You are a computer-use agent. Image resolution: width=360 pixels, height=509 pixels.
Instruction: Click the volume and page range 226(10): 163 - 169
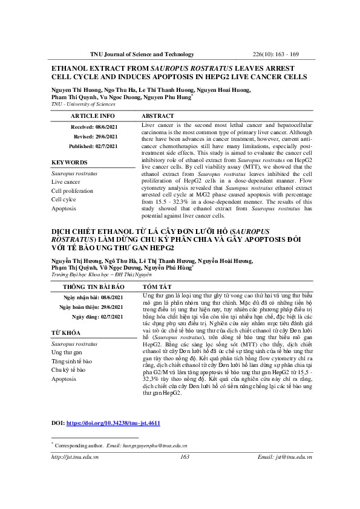click(x=280, y=54)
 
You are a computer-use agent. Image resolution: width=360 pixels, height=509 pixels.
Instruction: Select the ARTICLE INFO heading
click(x=93, y=115)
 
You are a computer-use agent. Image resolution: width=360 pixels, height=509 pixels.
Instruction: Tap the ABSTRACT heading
click(x=159, y=115)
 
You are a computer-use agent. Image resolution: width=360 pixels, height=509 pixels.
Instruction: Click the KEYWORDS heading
click(x=68, y=163)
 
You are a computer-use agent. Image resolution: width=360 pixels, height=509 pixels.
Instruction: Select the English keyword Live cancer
click(x=65, y=181)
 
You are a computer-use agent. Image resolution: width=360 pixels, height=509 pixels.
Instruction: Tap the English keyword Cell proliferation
click(x=72, y=190)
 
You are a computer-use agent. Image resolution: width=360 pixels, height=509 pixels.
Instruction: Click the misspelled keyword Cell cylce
click(x=64, y=199)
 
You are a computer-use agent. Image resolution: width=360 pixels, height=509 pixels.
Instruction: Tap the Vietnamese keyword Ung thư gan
click(x=66, y=352)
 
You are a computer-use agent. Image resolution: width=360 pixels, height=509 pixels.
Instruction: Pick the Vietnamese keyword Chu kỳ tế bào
click(x=68, y=369)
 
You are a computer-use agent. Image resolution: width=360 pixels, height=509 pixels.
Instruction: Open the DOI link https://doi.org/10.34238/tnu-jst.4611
click(x=113, y=424)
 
